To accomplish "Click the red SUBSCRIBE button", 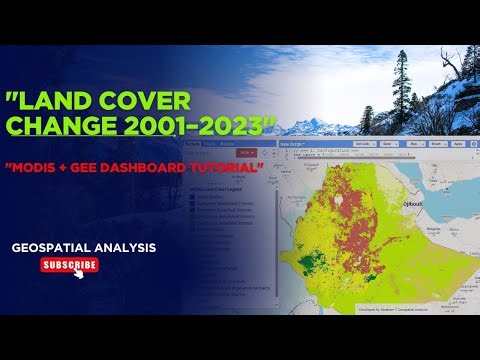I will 68,265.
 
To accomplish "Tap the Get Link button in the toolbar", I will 364,143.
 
